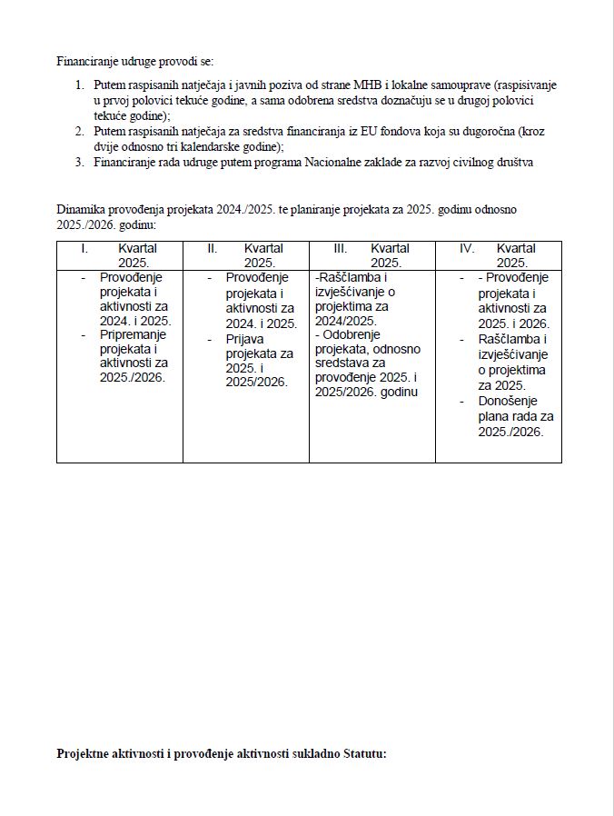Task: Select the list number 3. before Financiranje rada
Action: (80, 162)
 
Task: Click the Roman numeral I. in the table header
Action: (84, 248)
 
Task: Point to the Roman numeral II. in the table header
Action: (213, 248)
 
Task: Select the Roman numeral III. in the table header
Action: (341, 248)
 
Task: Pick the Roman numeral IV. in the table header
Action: (467, 248)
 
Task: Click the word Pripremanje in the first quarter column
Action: (134, 334)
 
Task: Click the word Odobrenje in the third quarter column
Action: (350, 334)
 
